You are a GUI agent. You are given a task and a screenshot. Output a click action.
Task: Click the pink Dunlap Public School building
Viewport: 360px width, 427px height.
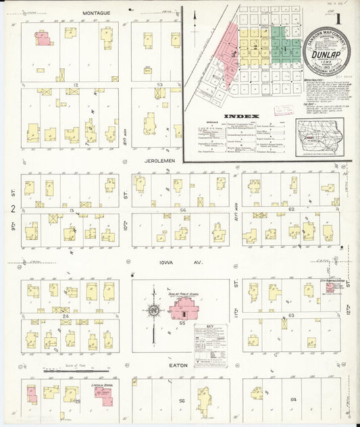coord(184,310)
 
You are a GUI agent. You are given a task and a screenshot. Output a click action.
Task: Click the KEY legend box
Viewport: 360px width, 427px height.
coord(210,345)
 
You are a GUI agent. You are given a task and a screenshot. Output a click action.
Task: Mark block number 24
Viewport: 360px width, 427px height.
coord(66,316)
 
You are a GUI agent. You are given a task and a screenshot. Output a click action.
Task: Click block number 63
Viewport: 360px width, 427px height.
coord(291,316)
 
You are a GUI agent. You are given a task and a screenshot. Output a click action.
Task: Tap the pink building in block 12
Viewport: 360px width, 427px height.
coord(43,39)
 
